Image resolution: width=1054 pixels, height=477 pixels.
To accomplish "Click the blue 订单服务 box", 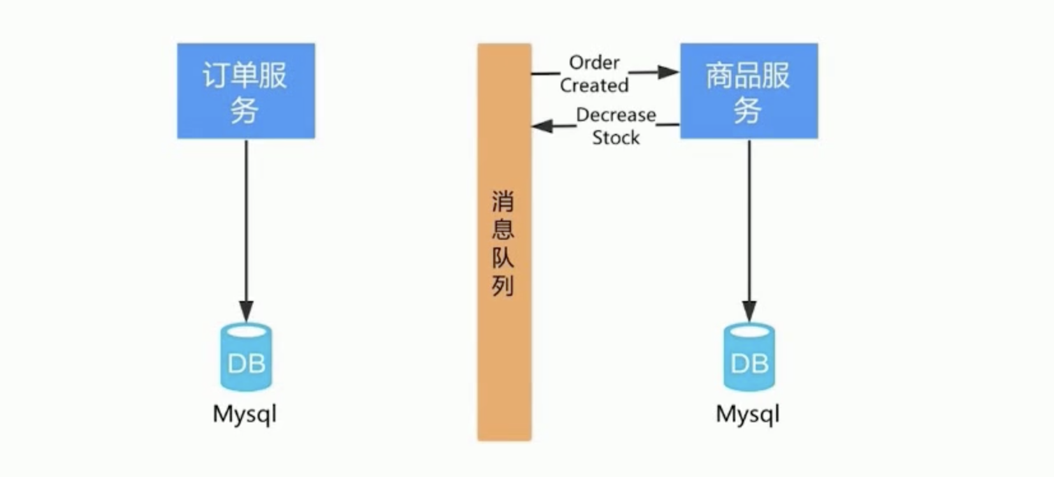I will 246,91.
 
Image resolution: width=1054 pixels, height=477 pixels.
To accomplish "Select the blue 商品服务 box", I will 749,91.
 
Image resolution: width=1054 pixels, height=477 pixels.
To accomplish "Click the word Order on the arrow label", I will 594,62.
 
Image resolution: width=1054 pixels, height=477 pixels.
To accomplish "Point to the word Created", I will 594,85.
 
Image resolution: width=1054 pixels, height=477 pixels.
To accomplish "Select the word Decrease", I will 616,115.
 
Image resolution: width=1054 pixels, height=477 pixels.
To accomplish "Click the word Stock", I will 616,138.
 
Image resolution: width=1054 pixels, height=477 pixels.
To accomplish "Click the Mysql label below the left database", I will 245,415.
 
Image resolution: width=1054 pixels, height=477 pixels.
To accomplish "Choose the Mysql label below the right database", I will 747,415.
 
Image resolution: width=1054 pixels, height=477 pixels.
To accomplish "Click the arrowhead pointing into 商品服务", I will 668,72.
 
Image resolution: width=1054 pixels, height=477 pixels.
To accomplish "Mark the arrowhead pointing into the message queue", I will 542,126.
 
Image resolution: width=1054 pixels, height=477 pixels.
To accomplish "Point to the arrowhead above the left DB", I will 246,311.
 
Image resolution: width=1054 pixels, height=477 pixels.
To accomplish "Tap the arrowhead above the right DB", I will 749,311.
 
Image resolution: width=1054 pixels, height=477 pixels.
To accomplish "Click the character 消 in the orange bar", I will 503,202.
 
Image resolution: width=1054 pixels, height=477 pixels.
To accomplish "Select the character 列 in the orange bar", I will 503,286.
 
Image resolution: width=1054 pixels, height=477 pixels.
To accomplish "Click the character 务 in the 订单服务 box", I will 245,111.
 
